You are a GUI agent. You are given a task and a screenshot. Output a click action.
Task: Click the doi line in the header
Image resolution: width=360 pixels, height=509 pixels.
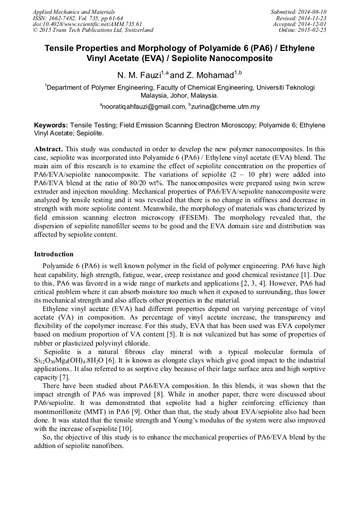click(87, 24)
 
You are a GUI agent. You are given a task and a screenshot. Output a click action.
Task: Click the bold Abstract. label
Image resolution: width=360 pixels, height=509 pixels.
click(48, 150)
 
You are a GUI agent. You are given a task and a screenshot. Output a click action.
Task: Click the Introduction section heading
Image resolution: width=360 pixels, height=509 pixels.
click(54, 254)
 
